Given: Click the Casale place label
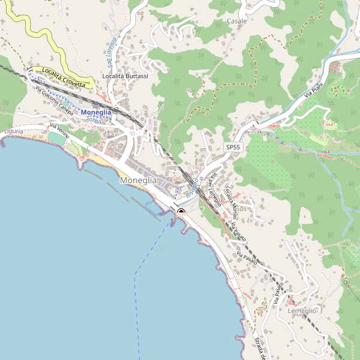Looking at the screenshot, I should pos(237,21).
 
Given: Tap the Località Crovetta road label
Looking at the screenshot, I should pos(64,81).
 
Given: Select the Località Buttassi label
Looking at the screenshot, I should pos(125,76).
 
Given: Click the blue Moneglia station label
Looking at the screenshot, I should pos(96,112).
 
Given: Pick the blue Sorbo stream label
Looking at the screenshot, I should pos(94,120).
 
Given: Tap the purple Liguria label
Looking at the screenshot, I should pos(13,131).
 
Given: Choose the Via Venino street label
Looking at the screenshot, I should pos(60,131).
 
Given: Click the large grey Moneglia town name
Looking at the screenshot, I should pos(138,180).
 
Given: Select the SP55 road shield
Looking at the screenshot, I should pos(233,147).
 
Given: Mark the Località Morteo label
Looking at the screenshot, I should pos(231,203).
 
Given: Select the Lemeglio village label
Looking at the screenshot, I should pos(302,311).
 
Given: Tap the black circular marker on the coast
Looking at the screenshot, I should pos(181,212).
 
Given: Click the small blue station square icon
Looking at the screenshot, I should pos(95,103).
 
